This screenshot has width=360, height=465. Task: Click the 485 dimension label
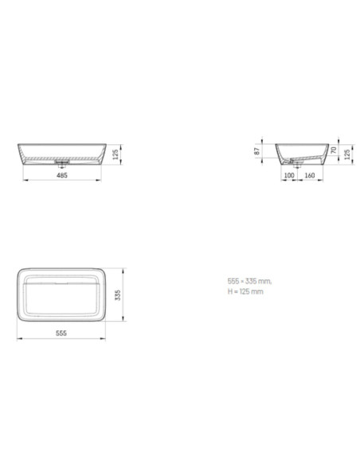click(x=62, y=175)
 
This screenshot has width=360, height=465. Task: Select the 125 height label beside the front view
click(x=115, y=154)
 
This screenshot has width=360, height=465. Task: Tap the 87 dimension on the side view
click(x=257, y=151)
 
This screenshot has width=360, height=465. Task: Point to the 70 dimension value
click(x=334, y=150)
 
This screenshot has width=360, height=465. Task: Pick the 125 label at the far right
click(x=347, y=154)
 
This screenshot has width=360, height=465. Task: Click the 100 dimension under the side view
click(x=289, y=175)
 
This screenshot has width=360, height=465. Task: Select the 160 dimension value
click(x=310, y=175)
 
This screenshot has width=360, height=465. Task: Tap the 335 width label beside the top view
click(x=117, y=295)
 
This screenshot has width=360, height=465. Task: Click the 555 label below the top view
click(x=61, y=333)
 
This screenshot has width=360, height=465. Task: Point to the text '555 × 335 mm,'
click(x=249, y=281)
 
